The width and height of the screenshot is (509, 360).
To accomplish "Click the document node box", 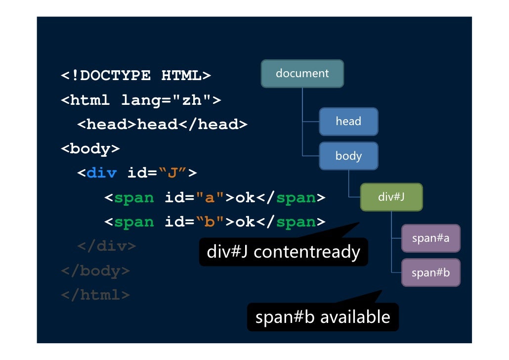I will pos(302,74).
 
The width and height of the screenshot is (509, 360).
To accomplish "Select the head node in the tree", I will pos(348,121).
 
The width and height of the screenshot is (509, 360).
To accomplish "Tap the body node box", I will pos(348,156).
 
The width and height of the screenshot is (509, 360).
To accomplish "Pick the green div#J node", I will pos(391,197).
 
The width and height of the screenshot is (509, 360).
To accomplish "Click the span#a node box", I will pos(430,238).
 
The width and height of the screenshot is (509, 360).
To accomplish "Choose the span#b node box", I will pos(430,272).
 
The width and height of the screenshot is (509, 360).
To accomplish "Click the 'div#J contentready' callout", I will pos(283,252).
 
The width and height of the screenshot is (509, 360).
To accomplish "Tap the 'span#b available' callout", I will pos(322,317).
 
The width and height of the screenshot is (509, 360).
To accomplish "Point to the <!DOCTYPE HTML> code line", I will pos(136,76).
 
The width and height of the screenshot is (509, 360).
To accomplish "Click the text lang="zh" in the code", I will pos(167,100).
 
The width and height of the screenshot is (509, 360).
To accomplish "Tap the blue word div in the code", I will pos(101,173).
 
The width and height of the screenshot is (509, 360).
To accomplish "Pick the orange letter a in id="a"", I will pos(208,198).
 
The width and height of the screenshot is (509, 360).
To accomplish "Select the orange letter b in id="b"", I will pos(208,222).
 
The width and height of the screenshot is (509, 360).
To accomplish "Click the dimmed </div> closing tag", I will pos(106,246).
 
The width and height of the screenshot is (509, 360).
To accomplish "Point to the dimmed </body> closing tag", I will pos(95,271).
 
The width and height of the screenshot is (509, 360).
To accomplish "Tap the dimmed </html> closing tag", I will pos(95,295).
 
